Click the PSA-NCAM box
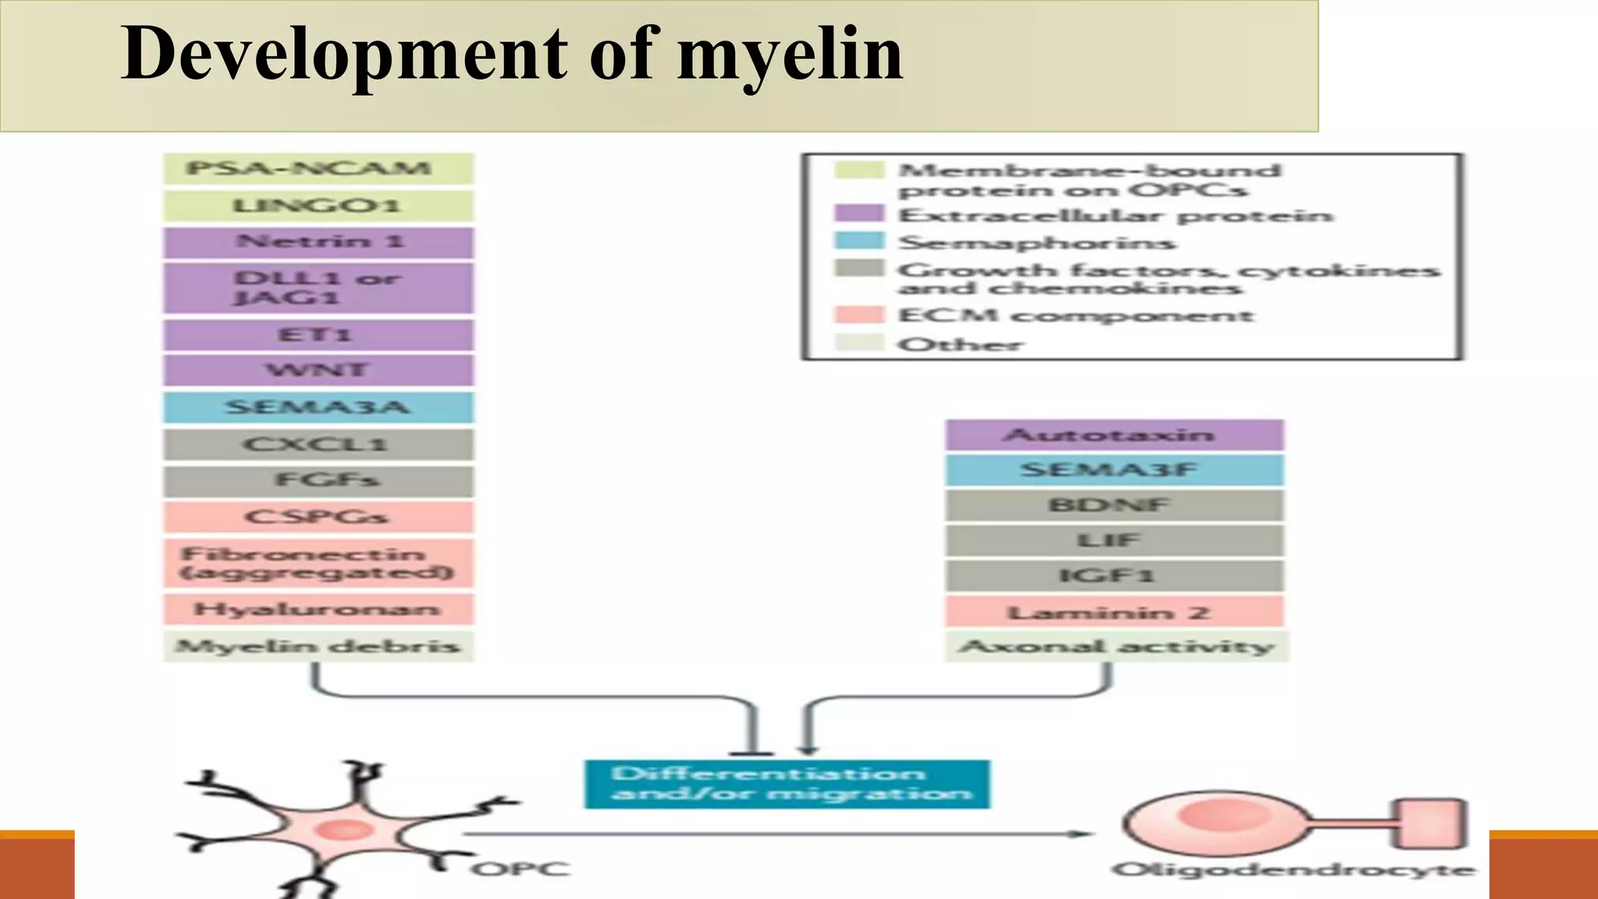(318, 169)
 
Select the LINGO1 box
(318, 206)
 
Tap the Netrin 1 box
(318, 242)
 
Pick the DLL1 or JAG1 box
(318, 288)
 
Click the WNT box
(318, 370)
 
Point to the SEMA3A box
(318, 407)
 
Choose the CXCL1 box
(318, 445)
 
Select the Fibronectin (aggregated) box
(318, 563)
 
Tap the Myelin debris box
(318, 646)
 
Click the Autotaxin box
(1114, 435)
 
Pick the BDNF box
(1114, 506)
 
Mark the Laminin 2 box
(1114, 613)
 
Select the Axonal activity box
(1116, 646)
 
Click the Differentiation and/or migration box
(787, 784)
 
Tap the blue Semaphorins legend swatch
(859, 241)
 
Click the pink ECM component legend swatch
(859, 314)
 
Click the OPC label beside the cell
(520, 869)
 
